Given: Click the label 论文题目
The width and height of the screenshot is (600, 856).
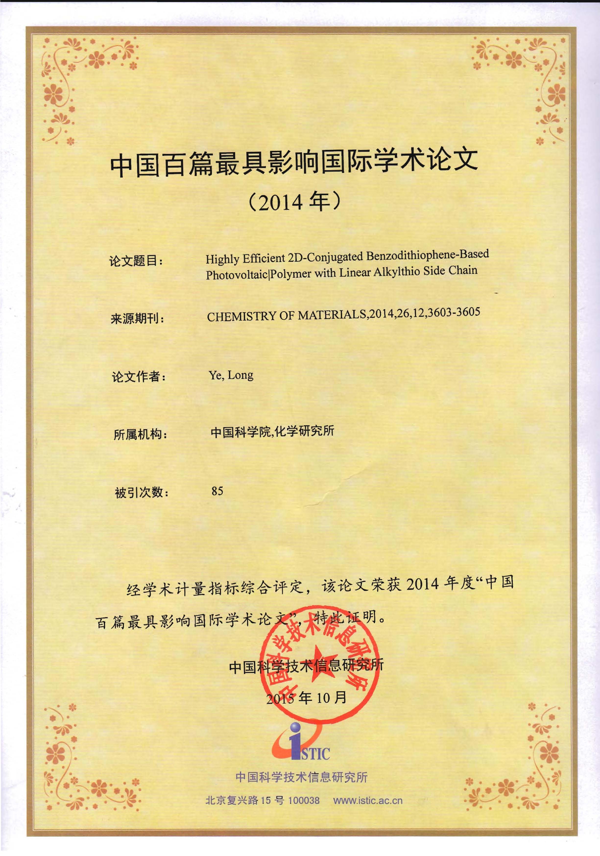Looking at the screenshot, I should tap(136, 261).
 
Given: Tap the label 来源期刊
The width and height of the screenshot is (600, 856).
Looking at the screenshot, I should tap(137, 318).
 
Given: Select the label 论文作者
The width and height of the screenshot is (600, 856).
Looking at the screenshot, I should tap(139, 377).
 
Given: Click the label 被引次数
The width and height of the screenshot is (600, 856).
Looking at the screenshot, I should tap(142, 493).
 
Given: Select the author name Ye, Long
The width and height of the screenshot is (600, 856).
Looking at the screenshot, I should tap(231, 375).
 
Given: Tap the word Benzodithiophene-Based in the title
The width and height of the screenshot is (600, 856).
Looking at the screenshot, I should tap(427, 255).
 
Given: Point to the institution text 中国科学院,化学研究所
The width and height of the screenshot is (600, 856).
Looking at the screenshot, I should tap(272, 431).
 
